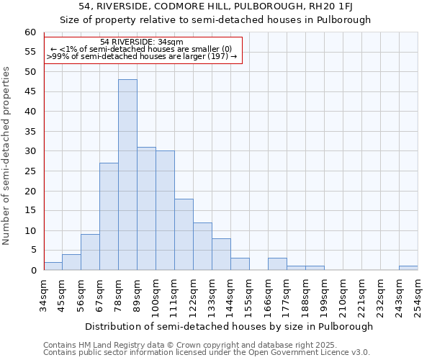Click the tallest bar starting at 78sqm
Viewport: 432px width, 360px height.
pyautogui.click(x=127, y=175)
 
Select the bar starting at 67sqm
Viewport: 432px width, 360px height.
pyautogui.click(x=109, y=216)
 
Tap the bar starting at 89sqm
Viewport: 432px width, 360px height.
pyautogui.click(x=146, y=209)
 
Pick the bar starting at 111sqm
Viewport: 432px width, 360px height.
pyautogui.click(x=184, y=235)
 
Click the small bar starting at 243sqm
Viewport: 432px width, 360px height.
pyautogui.click(x=408, y=268)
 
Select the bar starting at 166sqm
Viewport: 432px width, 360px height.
pyautogui.click(x=277, y=264)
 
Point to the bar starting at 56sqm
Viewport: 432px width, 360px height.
pyautogui.click(x=90, y=252)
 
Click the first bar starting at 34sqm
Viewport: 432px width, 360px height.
pyautogui.click(x=53, y=266)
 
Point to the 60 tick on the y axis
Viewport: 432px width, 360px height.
pyautogui.click(x=30, y=32)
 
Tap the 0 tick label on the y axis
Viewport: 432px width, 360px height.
pyautogui.click(x=32, y=271)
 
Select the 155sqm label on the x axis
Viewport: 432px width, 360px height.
pyautogui.click(x=249, y=295)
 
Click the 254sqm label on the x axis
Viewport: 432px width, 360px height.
pyautogui.click(x=418, y=295)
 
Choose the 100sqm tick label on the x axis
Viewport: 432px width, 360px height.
pyautogui.click(x=156, y=295)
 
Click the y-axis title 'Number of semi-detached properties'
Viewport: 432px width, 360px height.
pyautogui.click(x=6, y=155)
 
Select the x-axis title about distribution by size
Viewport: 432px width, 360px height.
pyautogui.click(x=229, y=326)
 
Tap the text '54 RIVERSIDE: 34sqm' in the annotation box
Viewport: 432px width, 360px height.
pyautogui.click(x=142, y=42)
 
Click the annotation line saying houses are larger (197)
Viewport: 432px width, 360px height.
pyautogui.click(x=142, y=56)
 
